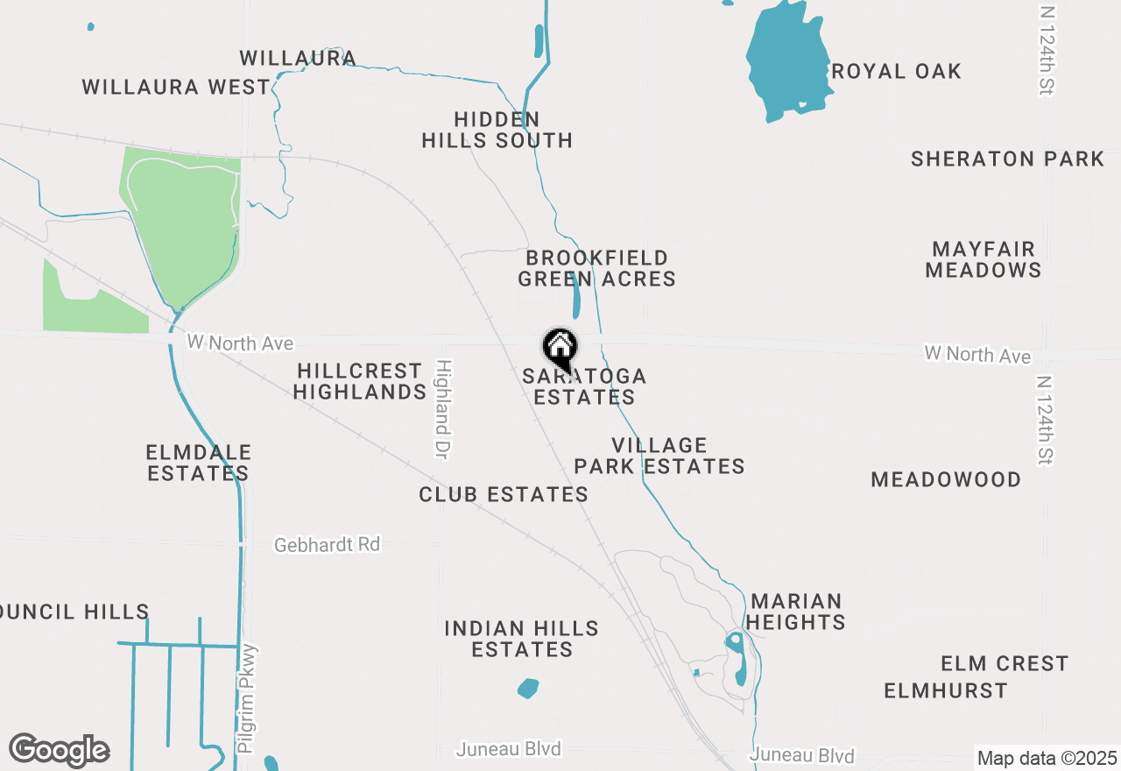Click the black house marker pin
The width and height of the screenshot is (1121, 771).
tap(560, 348)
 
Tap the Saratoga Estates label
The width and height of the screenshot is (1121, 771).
tap(584, 386)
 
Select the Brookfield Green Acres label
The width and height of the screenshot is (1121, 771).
tap(596, 268)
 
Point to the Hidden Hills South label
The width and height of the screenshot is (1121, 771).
tap(497, 130)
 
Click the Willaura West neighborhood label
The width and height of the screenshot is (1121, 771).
tap(176, 87)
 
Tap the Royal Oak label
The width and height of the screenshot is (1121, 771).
tap(896, 71)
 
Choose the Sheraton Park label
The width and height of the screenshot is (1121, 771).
tap(1007, 159)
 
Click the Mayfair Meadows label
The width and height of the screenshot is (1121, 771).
tap(984, 259)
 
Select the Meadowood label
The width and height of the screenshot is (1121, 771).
tap(946, 479)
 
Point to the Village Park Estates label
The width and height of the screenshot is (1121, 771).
tap(659, 456)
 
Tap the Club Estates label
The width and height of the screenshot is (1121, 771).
tap(504, 494)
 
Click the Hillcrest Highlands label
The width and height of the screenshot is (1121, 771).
tap(360, 381)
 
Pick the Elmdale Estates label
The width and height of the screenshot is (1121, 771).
tap(198, 463)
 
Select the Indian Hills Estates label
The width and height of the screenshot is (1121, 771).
tap(522, 639)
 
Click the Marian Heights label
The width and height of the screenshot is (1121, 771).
tap(796, 612)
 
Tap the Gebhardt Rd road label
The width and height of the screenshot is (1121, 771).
tap(327, 544)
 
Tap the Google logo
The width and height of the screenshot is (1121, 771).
tap(60, 750)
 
